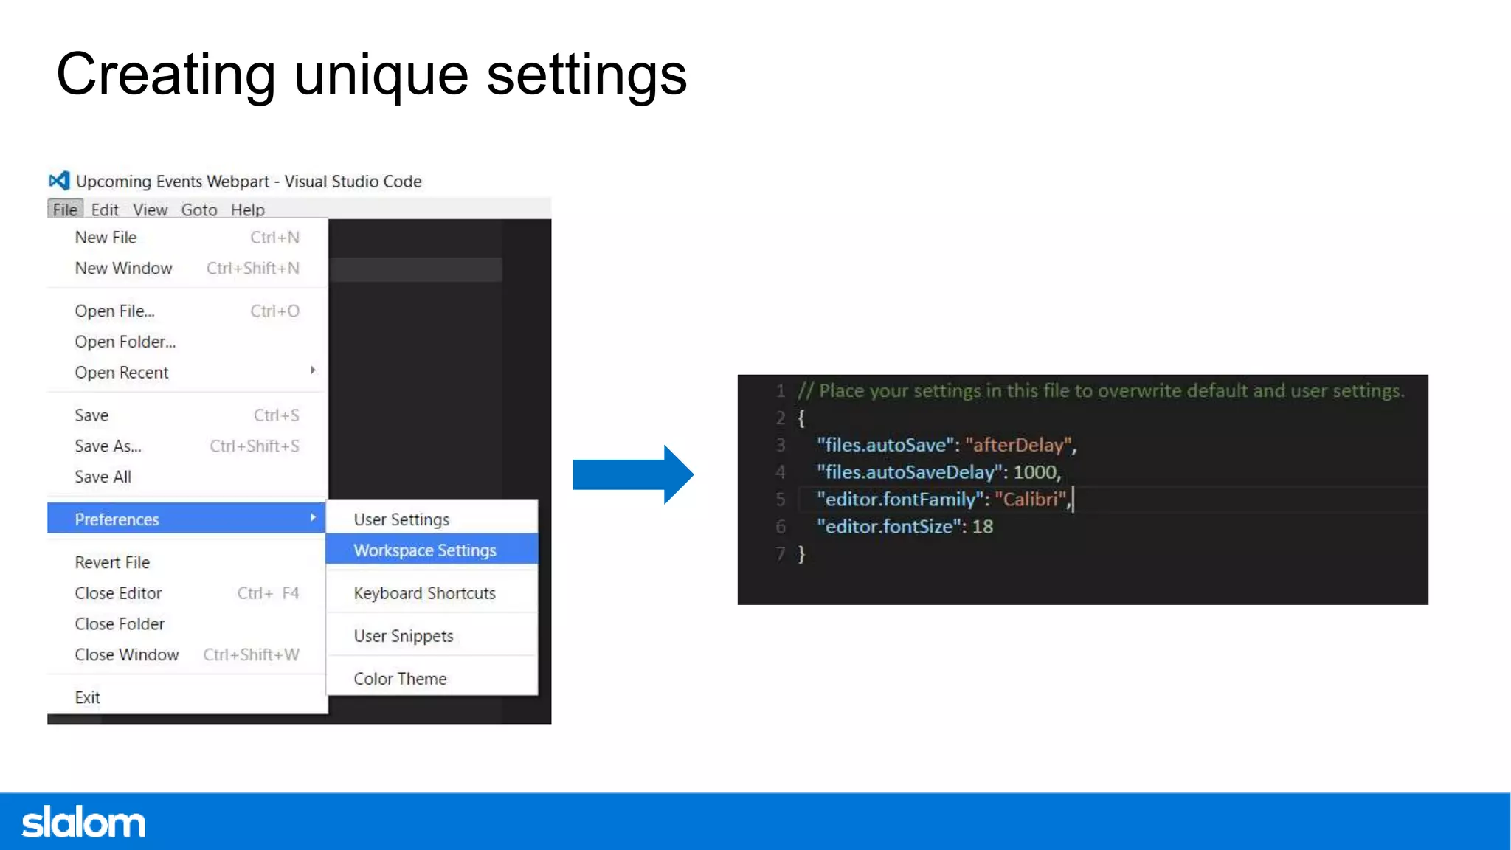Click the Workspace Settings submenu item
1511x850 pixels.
coord(425,550)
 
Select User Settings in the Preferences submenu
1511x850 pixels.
coord(401,519)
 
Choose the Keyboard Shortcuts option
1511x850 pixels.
coord(424,593)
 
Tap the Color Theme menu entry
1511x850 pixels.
coord(400,679)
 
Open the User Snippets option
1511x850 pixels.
coord(403,636)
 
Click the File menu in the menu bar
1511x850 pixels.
coord(65,210)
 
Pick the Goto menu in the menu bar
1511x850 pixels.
coord(199,210)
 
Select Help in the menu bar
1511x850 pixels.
coord(247,210)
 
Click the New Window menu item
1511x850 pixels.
coord(123,269)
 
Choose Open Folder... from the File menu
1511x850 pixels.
coord(125,342)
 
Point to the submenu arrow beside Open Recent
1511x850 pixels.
coord(313,370)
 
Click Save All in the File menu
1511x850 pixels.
coord(103,477)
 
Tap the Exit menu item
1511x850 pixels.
coord(87,698)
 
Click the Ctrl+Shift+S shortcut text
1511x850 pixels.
coord(255,446)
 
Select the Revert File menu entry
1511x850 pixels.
coord(112,562)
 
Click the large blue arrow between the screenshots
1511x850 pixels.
coord(632,474)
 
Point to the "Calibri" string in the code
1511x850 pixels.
coord(1031,500)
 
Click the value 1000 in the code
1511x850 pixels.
coord(1034,472)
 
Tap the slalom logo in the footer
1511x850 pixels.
coord(83,823)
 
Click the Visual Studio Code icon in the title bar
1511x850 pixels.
coord(59,181)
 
